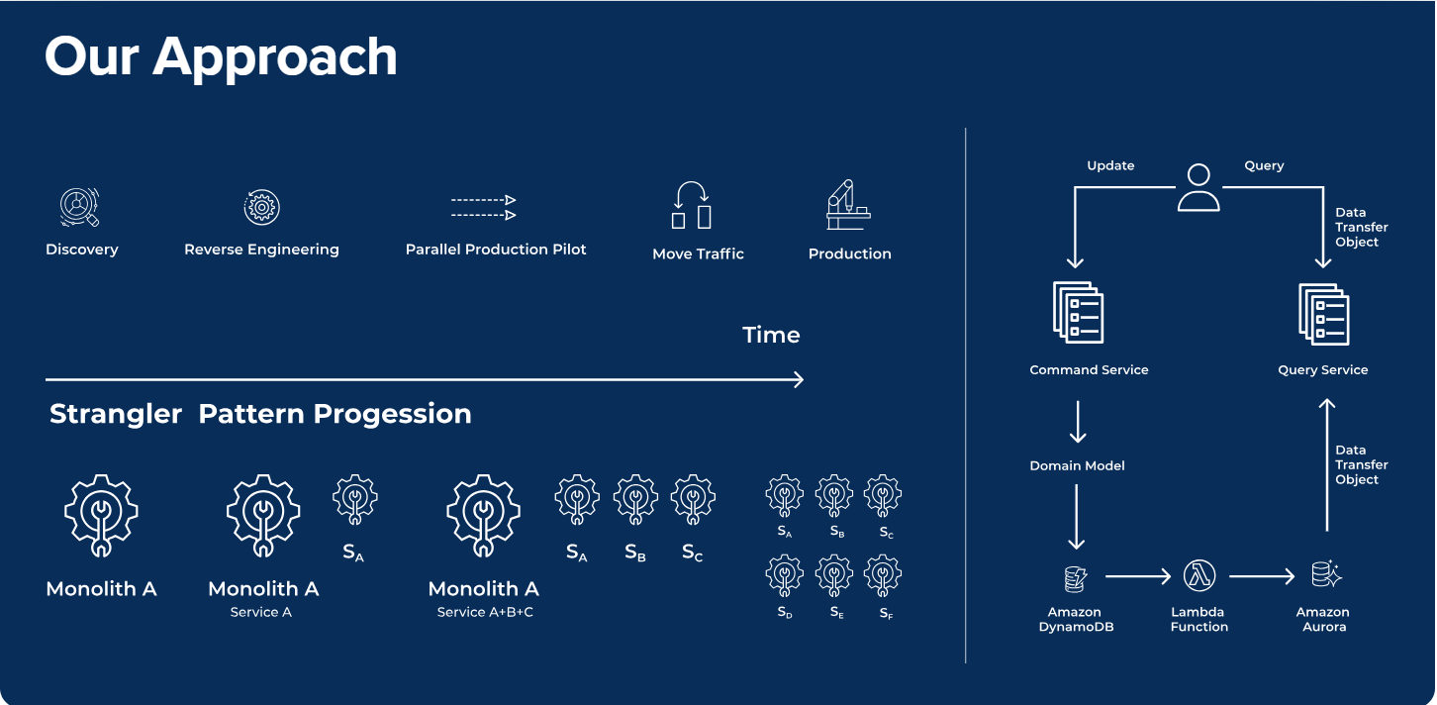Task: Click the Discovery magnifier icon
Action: (x=79, y=207)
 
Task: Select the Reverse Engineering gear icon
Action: (x=261, y=207)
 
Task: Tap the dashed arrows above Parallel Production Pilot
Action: (x=484, y=207)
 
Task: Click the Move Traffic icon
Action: (x=692, y=205)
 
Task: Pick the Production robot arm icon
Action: (x=848, y=205)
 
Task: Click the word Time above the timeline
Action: (x=771, y=335)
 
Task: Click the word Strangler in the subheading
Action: (x=116, y=414)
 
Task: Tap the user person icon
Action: (x=1198, y=187)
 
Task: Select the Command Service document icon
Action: (x=1079, y=313)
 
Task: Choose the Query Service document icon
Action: (x=1324, y=314)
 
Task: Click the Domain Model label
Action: (x=1077, y=465)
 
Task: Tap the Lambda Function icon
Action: (x=1199, y=575)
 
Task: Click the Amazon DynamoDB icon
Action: (x=1075, y=578)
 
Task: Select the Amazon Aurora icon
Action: (x=1326, y=574)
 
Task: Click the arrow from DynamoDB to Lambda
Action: (x=1137, y=576)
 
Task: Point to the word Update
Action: (x=1110, y=165)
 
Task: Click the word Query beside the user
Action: (x=1265, y=165)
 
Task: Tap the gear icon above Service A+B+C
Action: (x=484, y=516)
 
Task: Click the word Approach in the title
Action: (x=274, y=58)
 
